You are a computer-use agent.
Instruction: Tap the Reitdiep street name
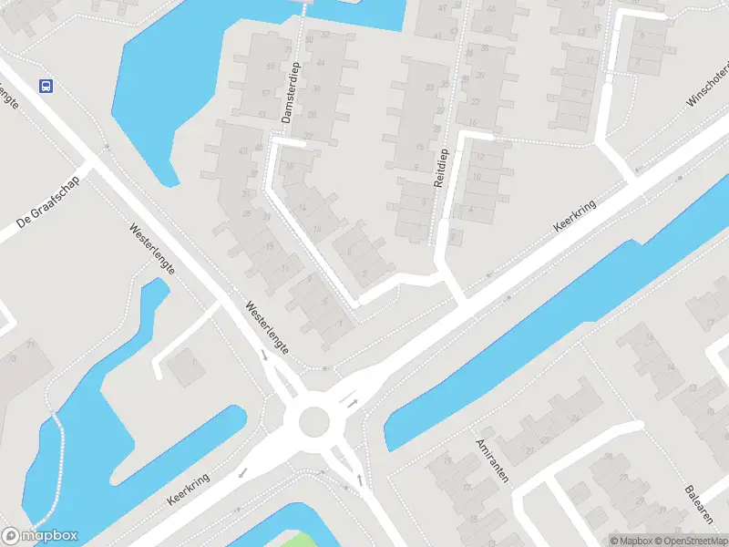pos(439,167)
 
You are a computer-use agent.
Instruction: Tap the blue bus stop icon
pos(46,87)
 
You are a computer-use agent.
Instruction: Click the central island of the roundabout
pos(313,420)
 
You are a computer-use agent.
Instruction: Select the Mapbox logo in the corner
pos(40,536)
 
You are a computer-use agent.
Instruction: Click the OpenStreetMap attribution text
pos(689,540)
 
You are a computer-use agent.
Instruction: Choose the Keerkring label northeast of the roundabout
pos(576,219)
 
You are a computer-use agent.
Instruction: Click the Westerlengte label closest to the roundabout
pos(267,328)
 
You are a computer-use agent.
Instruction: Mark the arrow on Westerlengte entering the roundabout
pos(264,356)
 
